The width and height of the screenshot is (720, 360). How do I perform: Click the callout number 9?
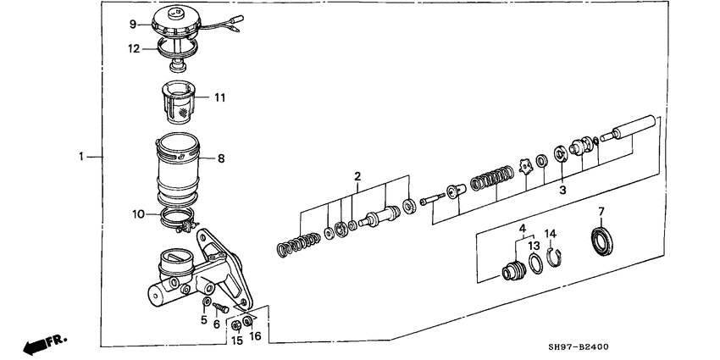tap(133, 22)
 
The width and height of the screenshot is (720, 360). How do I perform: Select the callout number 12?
tap(133, 49)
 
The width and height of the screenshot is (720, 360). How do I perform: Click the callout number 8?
tap(220, 158)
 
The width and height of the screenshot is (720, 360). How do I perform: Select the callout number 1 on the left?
tap(81, 157)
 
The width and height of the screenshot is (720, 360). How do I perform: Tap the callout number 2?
tap(357, 176)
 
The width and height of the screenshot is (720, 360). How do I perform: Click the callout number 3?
tap(562, 191)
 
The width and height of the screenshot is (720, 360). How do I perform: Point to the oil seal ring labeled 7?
tap(603, 240)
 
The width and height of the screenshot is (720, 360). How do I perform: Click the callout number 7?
tap(601, 211)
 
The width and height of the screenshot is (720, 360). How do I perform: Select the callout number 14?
tap(550, 233)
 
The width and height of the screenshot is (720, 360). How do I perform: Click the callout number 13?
tap(534, 246)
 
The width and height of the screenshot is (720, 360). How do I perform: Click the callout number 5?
tap(203, 320)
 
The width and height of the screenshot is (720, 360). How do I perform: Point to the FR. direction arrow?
tap(44, 343)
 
